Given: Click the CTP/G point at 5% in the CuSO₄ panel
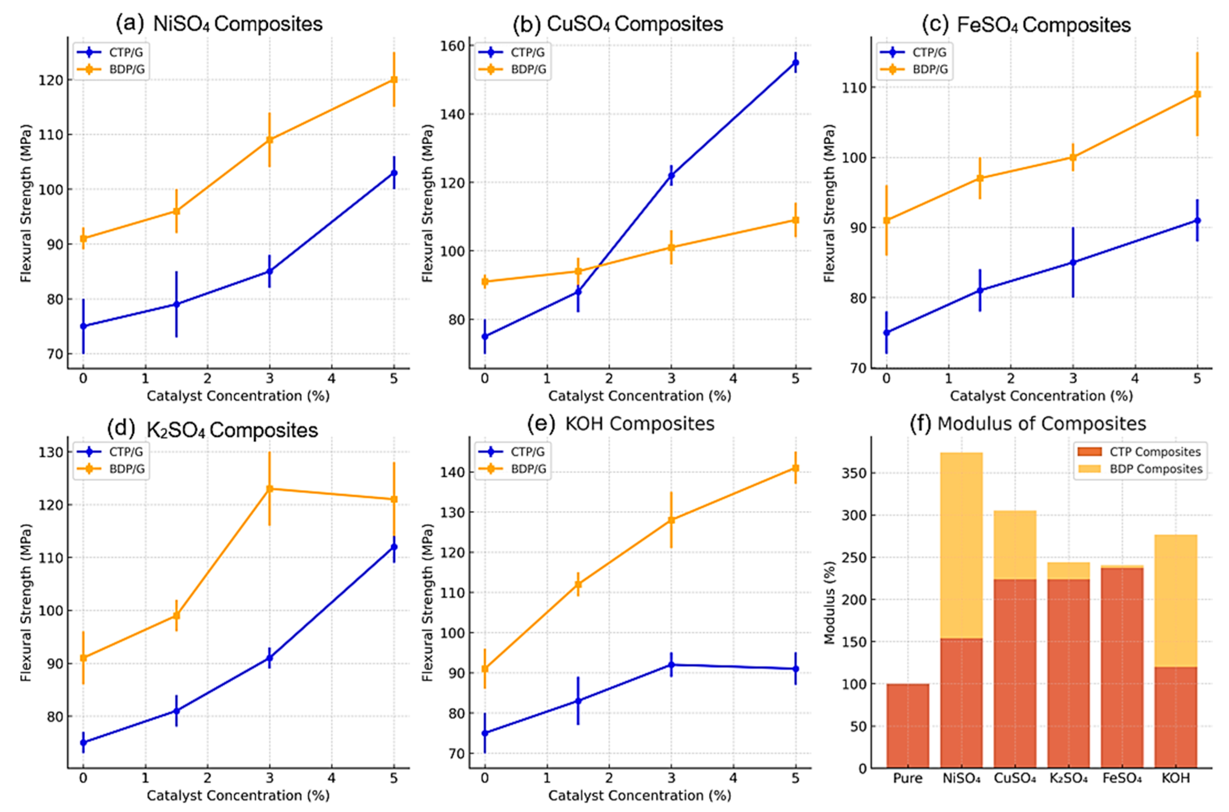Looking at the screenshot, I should (795, 63).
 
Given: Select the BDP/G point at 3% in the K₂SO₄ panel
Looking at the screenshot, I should (270, 489).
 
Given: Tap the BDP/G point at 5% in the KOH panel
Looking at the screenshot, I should (795, 468).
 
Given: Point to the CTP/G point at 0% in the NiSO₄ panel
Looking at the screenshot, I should (83, 326).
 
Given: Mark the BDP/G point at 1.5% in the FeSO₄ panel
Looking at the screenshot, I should (980, 178).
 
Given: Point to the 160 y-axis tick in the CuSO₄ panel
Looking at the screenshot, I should (452, 46).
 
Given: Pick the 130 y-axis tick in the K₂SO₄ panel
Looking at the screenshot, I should (50, 452).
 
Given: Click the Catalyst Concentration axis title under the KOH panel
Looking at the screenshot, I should (639, 795).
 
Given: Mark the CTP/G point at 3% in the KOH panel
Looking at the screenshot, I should (671, 665).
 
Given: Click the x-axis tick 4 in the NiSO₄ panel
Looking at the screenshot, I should (331, 378).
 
